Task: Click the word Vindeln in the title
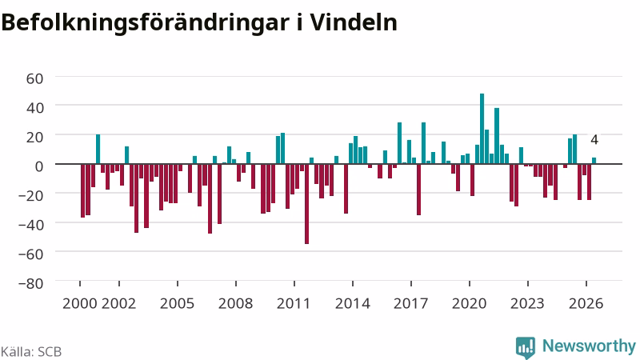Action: tap(353, 22)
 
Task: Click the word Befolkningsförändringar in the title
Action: tap(145, 24)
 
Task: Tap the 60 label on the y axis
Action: tap(34, 78)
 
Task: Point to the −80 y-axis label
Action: tap(31, 283)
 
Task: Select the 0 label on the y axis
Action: tap(39, 166)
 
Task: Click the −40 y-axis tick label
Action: tap(31, 225)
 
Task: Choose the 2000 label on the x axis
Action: tap(79, 304)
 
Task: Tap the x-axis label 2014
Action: tap(353, 304)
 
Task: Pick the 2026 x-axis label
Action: tap(586, 304)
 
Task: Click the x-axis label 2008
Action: tap(235, 304)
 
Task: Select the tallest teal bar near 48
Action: tap(482, 129)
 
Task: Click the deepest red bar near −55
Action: tap(307, 204)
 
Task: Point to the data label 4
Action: tap(594, 139)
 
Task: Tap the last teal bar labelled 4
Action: tap(594, 161)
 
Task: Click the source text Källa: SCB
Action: tap(31, 351)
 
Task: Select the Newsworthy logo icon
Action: tap(526, 348)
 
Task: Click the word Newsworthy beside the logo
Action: tap(589, 346)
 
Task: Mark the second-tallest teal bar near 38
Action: tap(497, 136)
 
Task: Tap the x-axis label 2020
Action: tap(470, 304)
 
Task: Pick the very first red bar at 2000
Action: tap(83, 190)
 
